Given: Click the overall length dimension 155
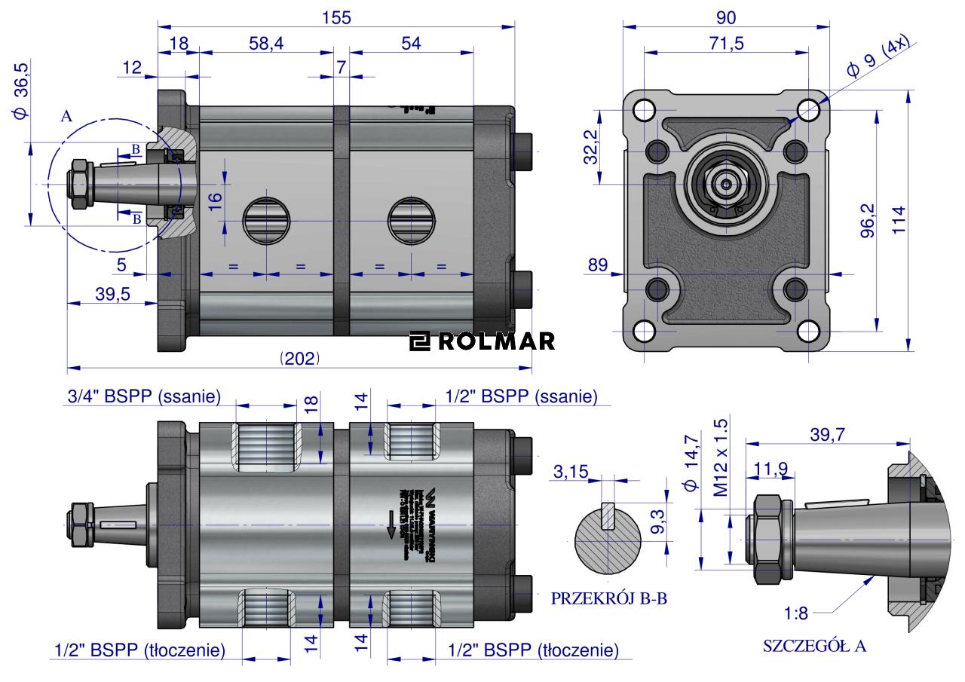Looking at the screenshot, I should (335, 17).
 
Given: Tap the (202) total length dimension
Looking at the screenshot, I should (299, 359).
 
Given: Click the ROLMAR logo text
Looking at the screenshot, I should (482, 341).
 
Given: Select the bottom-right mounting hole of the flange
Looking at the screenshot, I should (809, 332).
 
